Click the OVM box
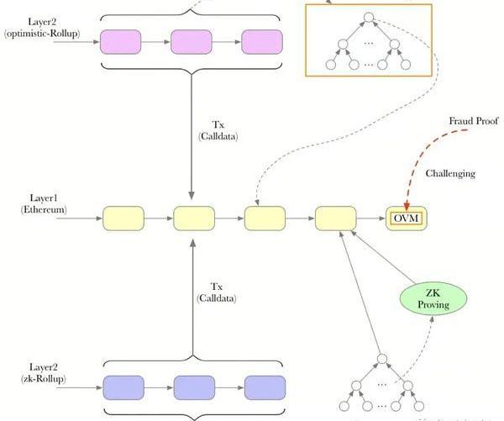[x=404, y=219]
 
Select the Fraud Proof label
[x=475, y=122]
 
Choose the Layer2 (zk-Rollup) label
[x=44, y=373]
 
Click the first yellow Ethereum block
[x=123, y=218]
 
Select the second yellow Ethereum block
[x=193, y=218]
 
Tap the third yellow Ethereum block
[x=265, y=218]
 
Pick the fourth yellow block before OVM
[x=335, y=218]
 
